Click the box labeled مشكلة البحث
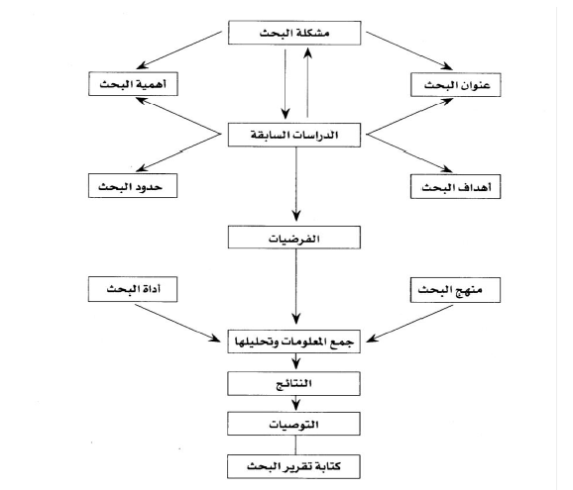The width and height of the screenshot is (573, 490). [x=294, y=33]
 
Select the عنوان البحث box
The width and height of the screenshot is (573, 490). [x=455, y=85]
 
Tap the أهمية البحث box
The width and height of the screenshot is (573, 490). [x=133, y=84]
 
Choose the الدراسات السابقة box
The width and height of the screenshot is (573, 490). [x=294, y=135]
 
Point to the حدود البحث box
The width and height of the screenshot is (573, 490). [x=133, y=186]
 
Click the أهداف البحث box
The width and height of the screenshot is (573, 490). [x=455, y=187]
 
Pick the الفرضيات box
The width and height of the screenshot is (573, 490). [x=294, y=238]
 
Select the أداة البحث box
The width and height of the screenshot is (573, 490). [x=133, y=289]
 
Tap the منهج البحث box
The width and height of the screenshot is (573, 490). [x=455, y=290]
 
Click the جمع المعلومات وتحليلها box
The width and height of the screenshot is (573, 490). [x=293, y=342]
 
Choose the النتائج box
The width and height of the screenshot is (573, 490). [x=293, y=383]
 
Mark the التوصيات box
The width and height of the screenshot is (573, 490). [x=293, y=424]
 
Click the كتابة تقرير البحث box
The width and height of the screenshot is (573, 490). [x=293, y=466]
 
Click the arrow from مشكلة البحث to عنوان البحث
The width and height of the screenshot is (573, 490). [x=409, y=50]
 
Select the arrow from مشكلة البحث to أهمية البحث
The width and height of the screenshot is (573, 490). [x=179, y=49]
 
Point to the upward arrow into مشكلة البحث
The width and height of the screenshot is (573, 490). [x=307, y=82]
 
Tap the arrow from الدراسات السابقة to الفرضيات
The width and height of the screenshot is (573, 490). [x=296, y=184]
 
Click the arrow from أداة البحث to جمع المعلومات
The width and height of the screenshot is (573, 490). [x=177, y=323]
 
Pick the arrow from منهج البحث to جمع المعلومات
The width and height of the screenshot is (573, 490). [x=409, y=324]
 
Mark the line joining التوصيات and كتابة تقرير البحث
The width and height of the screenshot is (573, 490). [x=295, y=445]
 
